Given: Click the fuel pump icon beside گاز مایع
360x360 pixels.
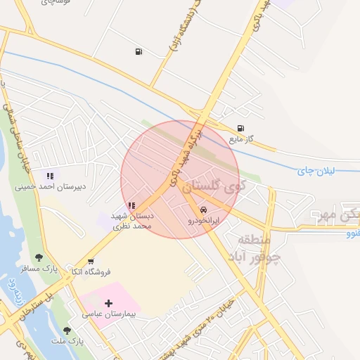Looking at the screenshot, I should point(241,128).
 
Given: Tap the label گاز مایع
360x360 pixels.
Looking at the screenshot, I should point(240,139).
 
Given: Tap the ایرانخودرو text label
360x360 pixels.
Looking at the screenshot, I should point(203,220).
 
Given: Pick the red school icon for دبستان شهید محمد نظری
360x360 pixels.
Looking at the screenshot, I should point(131,205).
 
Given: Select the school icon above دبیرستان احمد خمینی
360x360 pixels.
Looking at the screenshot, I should point(49,176).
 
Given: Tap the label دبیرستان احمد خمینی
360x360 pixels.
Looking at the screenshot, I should point(50,187).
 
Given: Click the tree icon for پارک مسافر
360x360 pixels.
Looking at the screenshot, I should point(39,257).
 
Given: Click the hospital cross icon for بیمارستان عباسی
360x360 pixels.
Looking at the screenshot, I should point(108,303).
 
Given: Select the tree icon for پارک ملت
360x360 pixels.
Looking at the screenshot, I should point(67,330).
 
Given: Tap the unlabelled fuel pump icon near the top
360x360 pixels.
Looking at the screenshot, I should point(139,51).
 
